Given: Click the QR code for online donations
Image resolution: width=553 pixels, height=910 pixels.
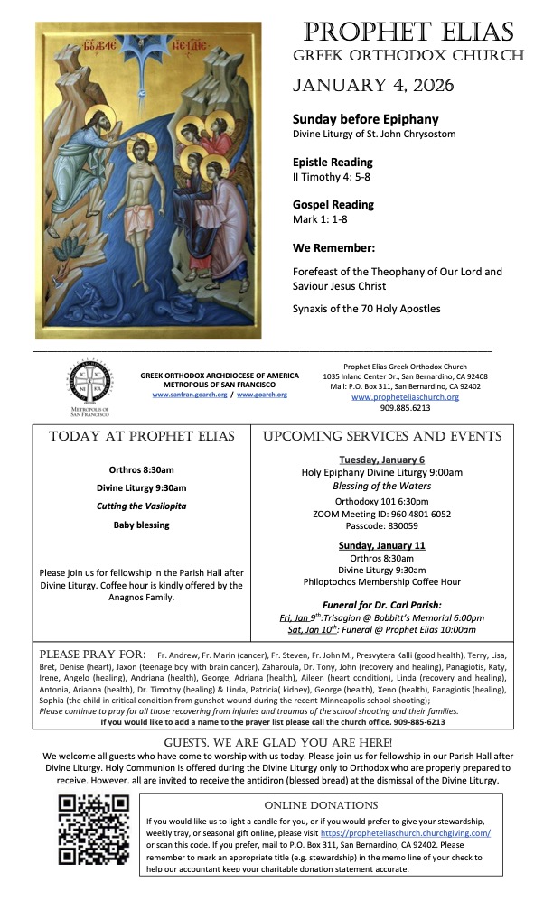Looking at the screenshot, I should [x=95, y=833].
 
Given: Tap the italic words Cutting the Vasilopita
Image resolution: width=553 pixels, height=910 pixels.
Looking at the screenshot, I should [x=136, y=506].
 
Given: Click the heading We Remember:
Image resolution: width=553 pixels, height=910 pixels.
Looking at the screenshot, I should [x=333, y=248].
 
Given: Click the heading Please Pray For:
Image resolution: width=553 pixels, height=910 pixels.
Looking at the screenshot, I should [x=93, y=654].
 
